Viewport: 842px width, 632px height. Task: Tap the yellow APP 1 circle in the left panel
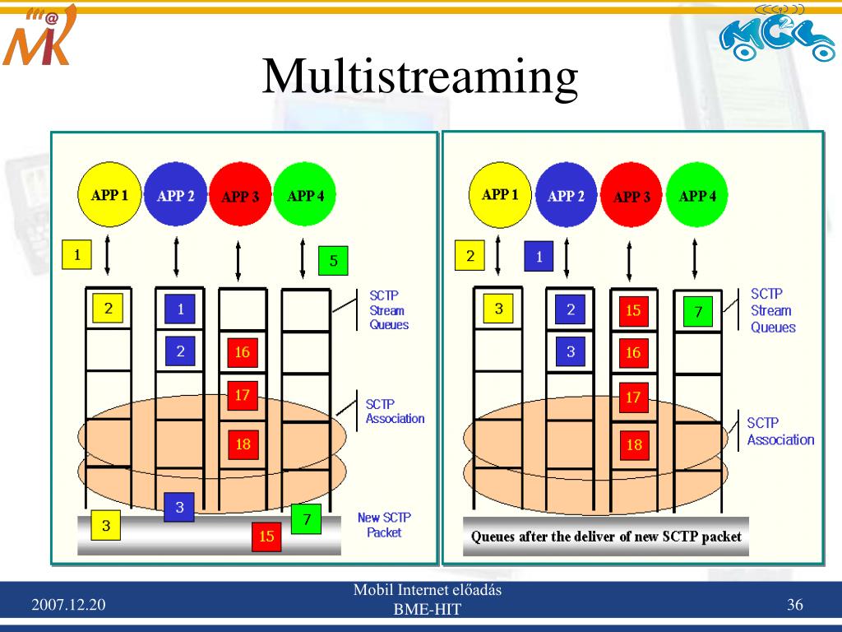[x=109, y=196]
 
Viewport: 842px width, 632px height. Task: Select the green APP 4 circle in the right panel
[x=697, y=196]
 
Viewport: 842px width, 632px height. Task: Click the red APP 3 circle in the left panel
[x=240, y=197]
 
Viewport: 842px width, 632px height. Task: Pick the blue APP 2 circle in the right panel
[x=566, y=196]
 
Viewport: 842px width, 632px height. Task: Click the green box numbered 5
[x=333, y=261]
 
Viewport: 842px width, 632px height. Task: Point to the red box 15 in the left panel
[x=266, y=536]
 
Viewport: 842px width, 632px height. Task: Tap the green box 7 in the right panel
[x=698, y=312]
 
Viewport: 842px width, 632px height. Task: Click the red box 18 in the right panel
[x=634, y=445]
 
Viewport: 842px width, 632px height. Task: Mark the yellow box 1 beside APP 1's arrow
[x=77, y=255]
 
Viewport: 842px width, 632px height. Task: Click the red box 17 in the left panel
[x=242, y=395]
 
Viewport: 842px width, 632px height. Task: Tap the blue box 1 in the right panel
[x=539, y=257]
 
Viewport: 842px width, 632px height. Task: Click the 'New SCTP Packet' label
[x=384, y=525]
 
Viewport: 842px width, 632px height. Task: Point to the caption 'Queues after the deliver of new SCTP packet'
[x=606, y=537]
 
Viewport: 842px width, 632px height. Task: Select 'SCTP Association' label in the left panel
[x=395, y=411]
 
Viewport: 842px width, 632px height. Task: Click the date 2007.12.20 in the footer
[x=69, y=606]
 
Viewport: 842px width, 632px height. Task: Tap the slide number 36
[x=794, y=606]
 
